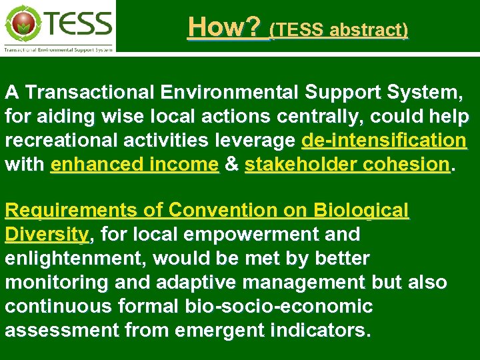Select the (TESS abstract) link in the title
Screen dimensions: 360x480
point(339,29)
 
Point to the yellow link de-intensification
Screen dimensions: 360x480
point(384,141)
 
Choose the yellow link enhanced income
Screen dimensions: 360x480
point(134,165)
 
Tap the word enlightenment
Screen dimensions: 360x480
point(73,259)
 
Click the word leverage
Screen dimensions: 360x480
point(259,141)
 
